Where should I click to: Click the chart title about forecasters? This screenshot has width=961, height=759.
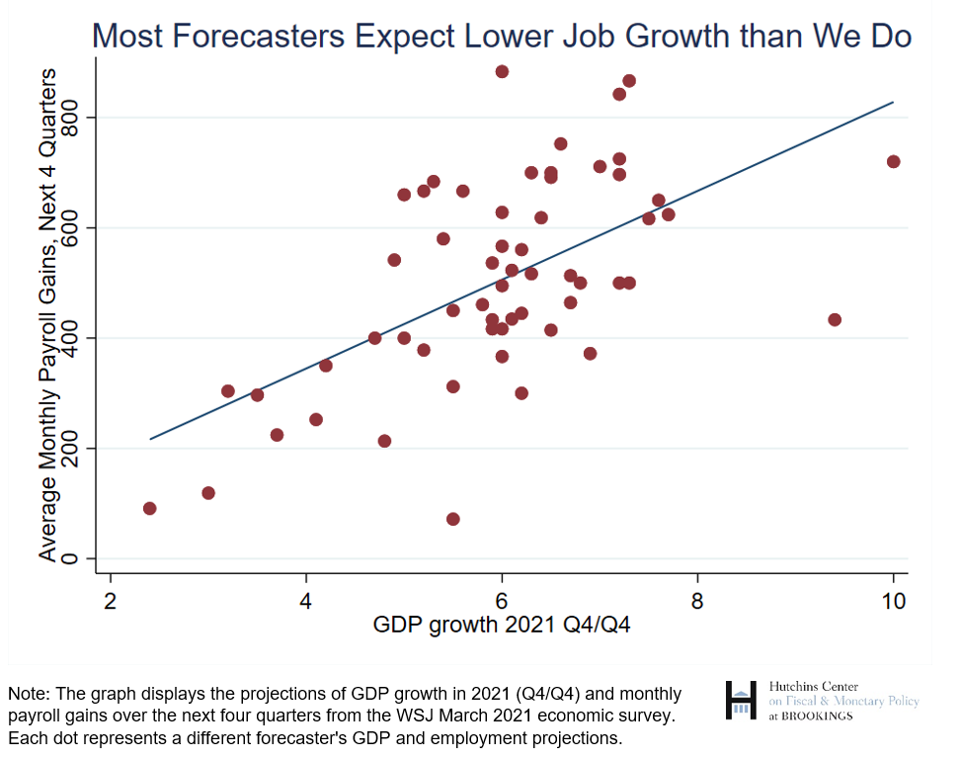pos(501,36)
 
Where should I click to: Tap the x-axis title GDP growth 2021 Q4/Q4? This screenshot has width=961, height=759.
pos(501,625)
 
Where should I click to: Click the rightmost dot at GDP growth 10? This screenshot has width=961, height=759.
pos(893,161)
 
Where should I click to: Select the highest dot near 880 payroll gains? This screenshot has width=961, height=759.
pos(502,71)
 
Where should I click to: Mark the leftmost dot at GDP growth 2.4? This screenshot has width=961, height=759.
pos(149,508)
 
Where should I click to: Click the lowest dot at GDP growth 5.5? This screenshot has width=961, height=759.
pos(452,519)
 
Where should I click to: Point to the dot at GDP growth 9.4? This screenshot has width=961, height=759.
pos(835,319)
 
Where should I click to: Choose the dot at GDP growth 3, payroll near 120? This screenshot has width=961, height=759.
pos(208,492)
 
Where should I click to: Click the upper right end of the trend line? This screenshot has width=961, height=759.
pos(892,102)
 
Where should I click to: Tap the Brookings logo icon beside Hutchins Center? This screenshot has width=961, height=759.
pos(742,700)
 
